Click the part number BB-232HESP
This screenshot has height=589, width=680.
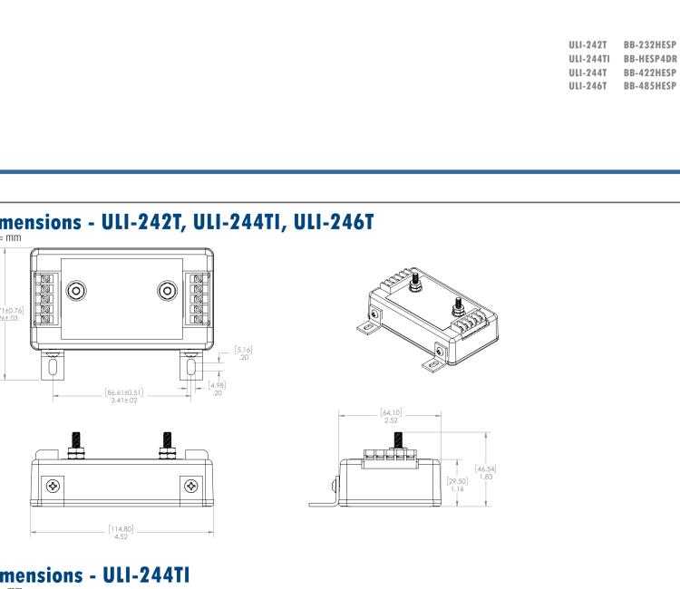(x=650, y=43)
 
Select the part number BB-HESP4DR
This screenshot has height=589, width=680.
(x=650, y=58)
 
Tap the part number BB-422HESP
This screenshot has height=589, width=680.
(x=650, y=72)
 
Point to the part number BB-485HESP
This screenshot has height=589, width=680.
(x=650, y=86)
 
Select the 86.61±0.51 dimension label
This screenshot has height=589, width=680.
(x=123, y=393)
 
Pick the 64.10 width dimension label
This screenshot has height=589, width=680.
(x=391, y=416)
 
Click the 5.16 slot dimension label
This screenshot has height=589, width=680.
(x=242, y=349)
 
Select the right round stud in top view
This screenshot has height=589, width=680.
(x=167, y=291)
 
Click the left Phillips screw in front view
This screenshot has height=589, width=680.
(x=53, y=487)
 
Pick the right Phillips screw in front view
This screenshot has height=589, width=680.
(x=190, y=487)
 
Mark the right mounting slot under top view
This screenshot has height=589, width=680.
(x=191, y=368)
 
